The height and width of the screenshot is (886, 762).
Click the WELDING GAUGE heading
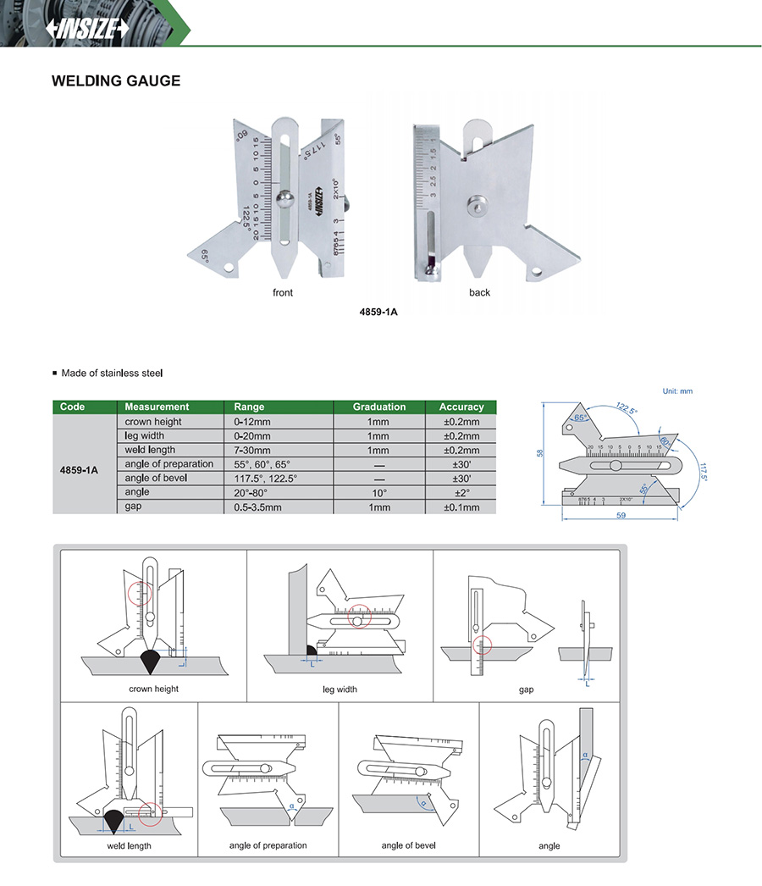(x=116, y=81)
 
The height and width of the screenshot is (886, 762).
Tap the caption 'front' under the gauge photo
(x=283, y=292)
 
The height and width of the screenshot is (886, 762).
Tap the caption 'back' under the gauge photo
(x=479, y=292)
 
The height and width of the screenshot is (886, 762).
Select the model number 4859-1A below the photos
(x=378, y=311)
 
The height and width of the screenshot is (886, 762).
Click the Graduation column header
(x=379, y=407)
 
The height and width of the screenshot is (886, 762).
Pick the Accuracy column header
(x=461, y=407)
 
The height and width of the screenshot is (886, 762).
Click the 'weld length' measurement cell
(x=151, y=450)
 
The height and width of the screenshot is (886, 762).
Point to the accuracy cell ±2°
(x=461, y=492)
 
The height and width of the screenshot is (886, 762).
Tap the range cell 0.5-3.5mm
(x=259, y=507)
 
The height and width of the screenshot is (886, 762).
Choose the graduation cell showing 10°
(x=379, y=492)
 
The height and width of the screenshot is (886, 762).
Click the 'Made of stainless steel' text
(x=113, y=373)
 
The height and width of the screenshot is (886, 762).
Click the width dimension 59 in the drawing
(x=620, y=515)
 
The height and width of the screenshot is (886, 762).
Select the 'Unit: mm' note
(x=676, y=391)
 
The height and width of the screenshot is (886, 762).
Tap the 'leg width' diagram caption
(x=340, y=689)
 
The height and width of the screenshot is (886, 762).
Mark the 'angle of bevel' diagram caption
(x=409, y=845)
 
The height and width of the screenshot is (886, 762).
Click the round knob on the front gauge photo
(x=284, y=200)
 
